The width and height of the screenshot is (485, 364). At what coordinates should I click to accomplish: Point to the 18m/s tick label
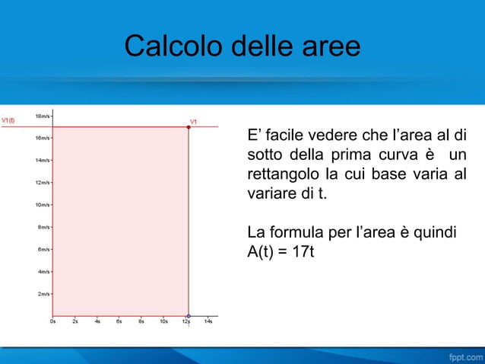point(43,117)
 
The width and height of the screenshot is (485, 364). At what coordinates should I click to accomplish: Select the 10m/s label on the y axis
point(43,205)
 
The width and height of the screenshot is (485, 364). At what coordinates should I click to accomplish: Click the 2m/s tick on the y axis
point(45,293)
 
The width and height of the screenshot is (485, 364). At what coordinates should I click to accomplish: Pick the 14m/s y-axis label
point(43,161)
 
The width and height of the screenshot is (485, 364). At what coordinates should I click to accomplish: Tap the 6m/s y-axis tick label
point(45,249)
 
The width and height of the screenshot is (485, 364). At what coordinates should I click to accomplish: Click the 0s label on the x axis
point(52,321)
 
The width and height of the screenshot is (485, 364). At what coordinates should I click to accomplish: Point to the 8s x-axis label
point(141,321)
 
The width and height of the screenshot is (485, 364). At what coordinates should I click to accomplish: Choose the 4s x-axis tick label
point(97,321)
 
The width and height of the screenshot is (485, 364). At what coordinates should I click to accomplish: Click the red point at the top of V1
point(189,127)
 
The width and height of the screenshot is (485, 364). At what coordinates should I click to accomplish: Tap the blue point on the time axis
point(189,315)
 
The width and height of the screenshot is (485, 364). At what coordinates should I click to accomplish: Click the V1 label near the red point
point(193,120)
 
